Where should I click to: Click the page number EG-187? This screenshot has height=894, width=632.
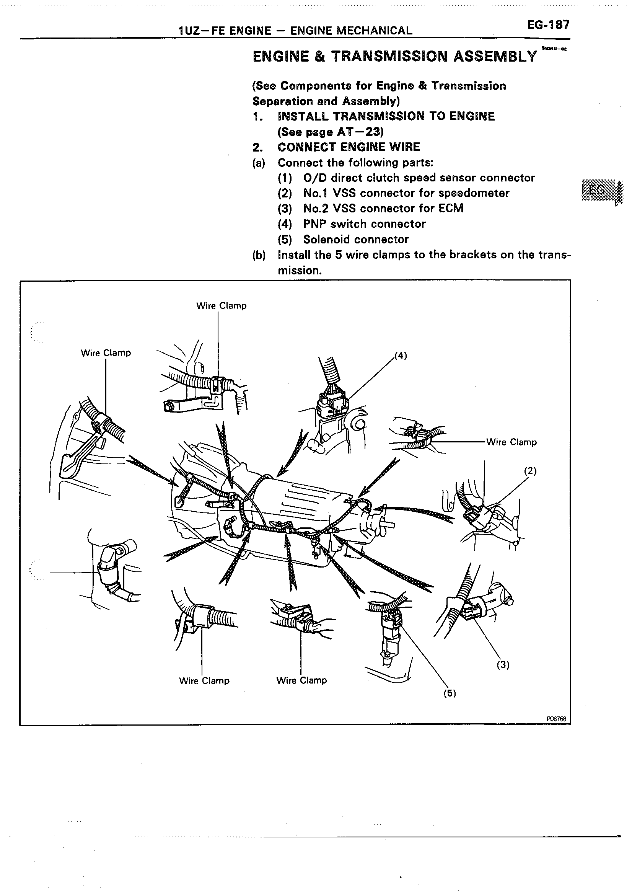[x=548, y=25]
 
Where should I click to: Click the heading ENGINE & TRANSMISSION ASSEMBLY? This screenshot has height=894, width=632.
[x=394, y=57]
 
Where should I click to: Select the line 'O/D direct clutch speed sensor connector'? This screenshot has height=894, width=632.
[x=419, y=178]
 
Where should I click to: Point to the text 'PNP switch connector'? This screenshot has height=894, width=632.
[x=364, y=224]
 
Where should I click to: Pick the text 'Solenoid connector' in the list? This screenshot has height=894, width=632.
[x=356, y=239]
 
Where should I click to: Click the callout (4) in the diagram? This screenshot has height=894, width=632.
[x=401, y=355]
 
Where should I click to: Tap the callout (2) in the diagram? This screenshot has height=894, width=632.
[x=530, y=471]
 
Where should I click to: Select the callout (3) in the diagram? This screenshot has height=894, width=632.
[x=503, y=664]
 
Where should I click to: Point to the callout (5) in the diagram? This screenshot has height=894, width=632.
[x=450, y=693]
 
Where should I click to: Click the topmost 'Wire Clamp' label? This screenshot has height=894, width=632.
[x=221, y=306]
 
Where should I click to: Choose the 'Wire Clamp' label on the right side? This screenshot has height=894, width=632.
[x=511, y=442]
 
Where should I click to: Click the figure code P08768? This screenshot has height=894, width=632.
[x=556, y=719]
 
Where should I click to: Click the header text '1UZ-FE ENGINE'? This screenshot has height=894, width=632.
[x=225, y=31]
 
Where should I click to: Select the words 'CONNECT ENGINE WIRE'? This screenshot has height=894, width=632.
[x=349, y=147]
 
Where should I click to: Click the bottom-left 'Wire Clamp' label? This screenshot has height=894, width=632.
[x=204, y=680]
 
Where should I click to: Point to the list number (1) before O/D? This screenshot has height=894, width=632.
[x=285, y=178]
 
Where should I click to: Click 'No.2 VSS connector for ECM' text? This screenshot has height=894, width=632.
[x=383, y=208]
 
